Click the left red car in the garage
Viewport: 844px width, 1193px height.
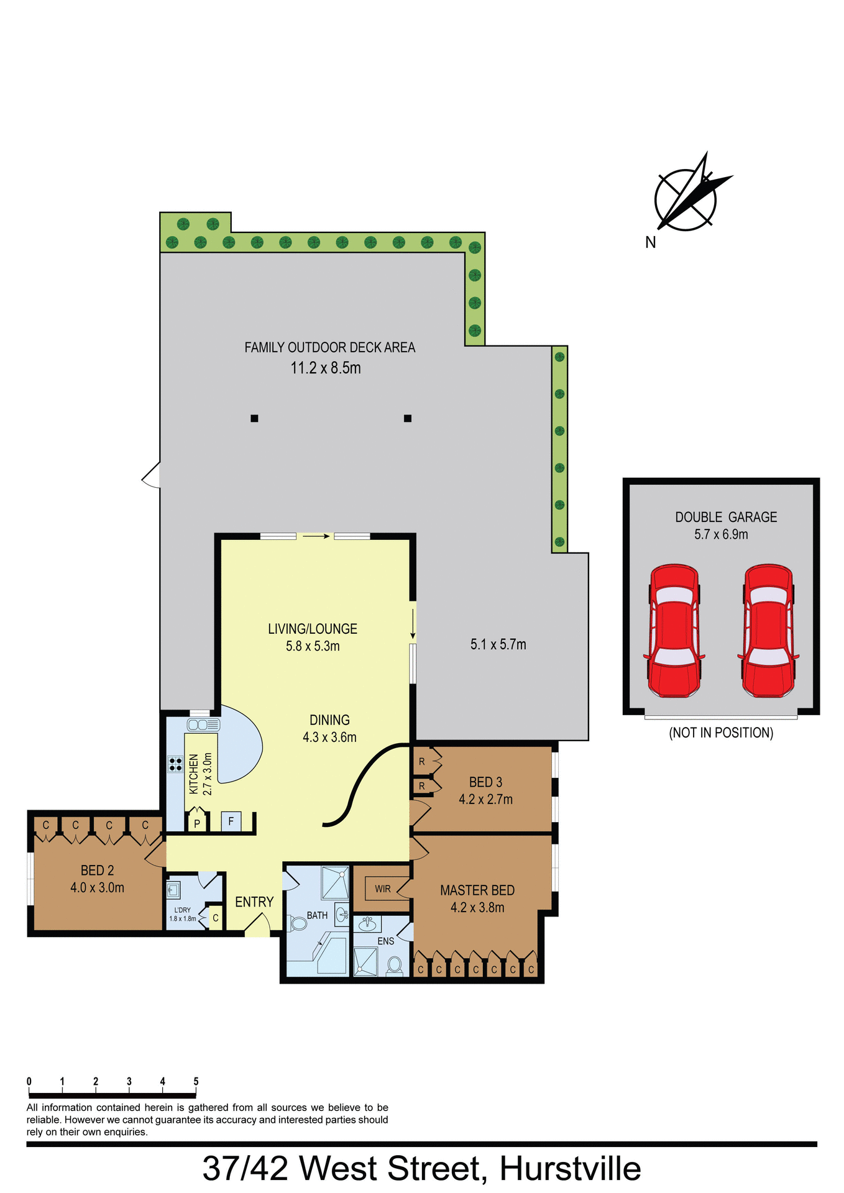pos(674,631)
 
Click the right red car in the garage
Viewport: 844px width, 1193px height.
pos(768,631)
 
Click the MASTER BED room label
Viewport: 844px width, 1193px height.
pos(477,890)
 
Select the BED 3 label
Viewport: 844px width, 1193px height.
pos(485,782)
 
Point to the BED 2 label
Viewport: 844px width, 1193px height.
pos(98,871)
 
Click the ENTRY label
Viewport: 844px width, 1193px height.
pos(254,902)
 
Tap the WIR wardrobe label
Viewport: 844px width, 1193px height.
pos(383,889)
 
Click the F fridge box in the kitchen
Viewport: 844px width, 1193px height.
pos(231,821)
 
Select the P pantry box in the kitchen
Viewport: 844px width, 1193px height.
pos(197,824)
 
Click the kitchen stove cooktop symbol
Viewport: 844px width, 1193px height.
pos(175,764)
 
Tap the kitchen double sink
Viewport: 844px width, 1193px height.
pos(203,724)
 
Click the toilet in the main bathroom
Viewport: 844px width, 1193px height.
pos(298,923)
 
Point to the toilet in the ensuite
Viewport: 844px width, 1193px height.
pos(394,965)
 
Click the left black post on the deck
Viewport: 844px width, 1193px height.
pos(254,418)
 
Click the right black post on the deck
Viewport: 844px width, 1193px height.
pos(408,418)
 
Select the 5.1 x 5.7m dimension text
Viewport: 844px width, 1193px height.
pos(498,644)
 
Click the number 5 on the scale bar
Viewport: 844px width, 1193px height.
pos(196,1082)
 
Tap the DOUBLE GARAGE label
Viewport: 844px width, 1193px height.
pos(726,517)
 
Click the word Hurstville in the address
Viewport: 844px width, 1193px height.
pos(570,1168)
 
